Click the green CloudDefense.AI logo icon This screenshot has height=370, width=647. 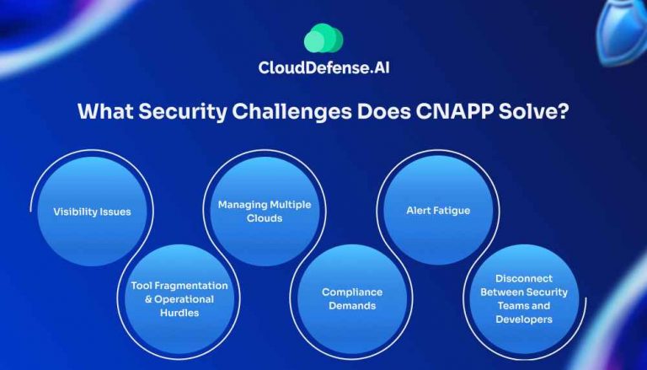pos(323,39)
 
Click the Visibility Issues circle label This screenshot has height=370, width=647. pos(93,212)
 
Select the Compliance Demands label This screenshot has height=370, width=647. pos(351,299)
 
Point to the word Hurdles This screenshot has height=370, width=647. pos(179,313)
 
